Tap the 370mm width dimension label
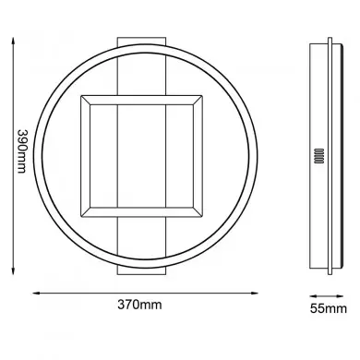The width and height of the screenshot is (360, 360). point(143,330)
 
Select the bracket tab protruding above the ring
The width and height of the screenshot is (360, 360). point(142,38)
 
